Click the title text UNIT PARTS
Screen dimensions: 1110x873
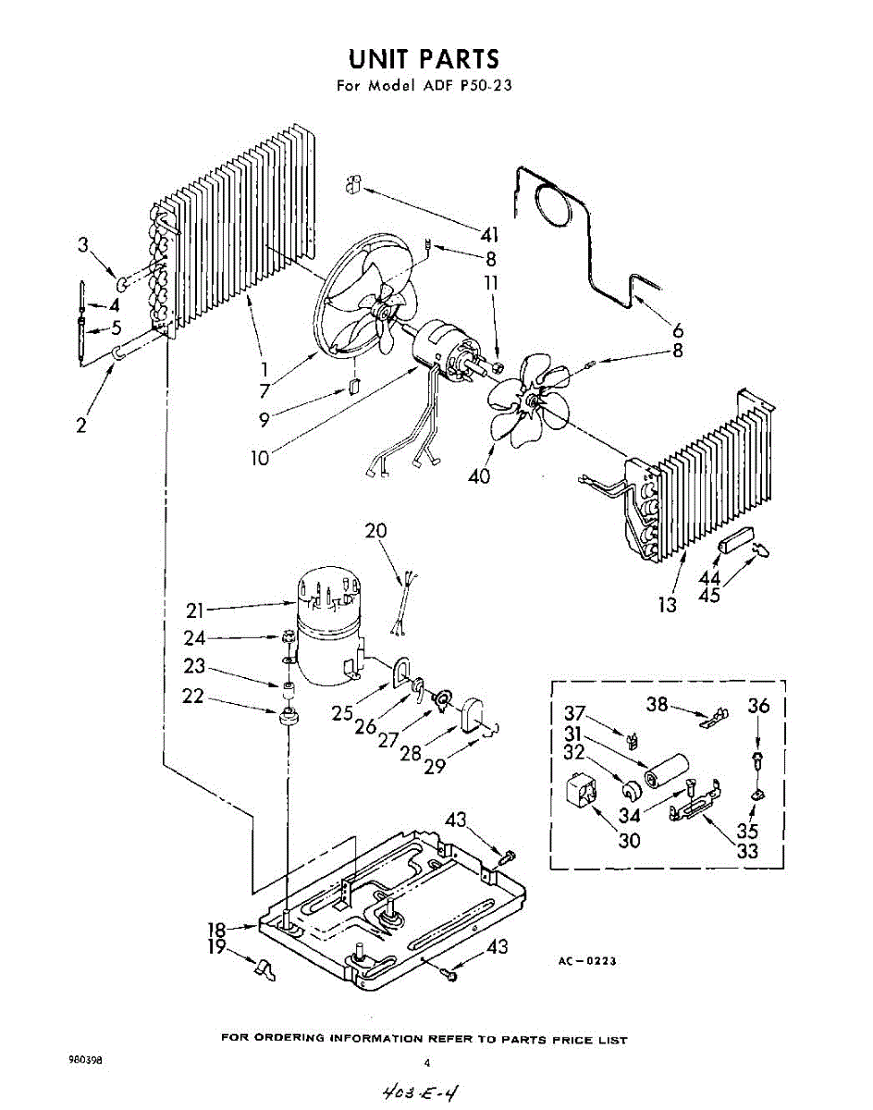(424, 59)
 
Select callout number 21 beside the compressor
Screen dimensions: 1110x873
(195, 610)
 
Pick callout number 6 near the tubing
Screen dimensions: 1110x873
(678, 330)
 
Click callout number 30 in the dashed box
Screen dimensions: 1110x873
(629, 840)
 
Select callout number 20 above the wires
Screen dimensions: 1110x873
(376, 531)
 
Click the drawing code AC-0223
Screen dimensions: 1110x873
(586, 962)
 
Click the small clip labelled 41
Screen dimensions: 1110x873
(351, 185)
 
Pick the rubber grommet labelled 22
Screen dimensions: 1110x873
(289, 716)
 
